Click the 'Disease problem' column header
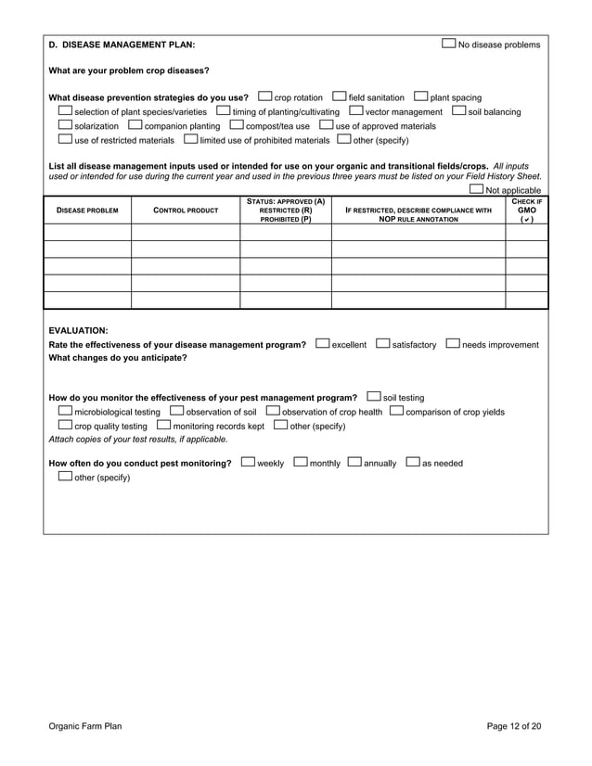point(87,211)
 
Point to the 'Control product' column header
point(186,211)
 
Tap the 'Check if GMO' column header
point(526,210)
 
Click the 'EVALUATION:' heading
point(78,329)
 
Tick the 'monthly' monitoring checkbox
point(301,462)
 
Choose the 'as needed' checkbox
point(413,462)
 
